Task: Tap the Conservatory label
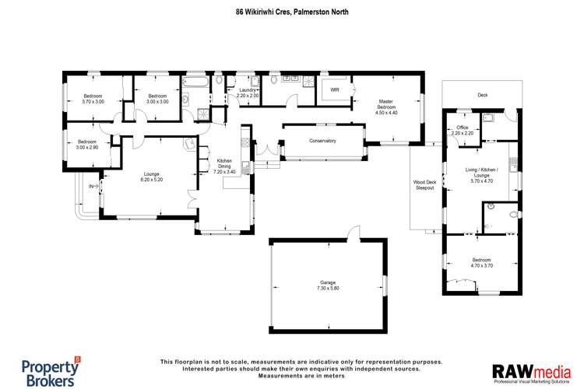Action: click(x=322, y=141)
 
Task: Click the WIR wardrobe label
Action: click(x=335, y=90)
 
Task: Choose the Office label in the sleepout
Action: click(x=462, y=130)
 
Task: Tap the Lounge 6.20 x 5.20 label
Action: click(x=152, y=177)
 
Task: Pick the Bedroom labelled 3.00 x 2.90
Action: click(x=87, y=145)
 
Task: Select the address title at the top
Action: click(x=292, y=12)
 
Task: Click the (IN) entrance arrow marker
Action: click(x=91, y=187)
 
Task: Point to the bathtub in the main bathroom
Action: click(x=195, y=80)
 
